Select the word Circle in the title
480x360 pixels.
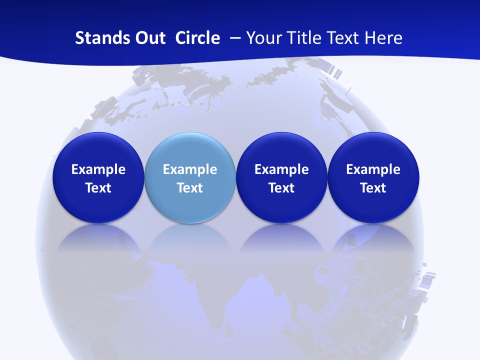(197, 38)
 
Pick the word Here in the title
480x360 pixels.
(383, 38)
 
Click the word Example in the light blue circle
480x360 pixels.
(190, 169)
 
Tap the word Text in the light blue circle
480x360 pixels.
(190, 188)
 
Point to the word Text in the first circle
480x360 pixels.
(98, 188)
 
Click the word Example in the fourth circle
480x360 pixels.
(373, 169)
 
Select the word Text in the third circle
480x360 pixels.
(281, 188)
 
